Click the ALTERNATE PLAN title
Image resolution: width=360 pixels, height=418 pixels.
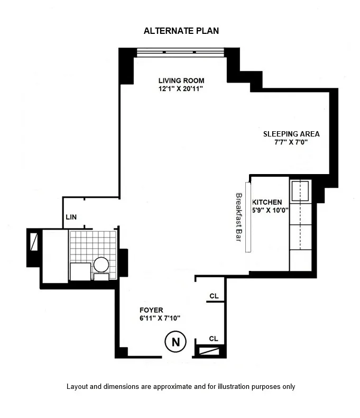(x=181, y=31)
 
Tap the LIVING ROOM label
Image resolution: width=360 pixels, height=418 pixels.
(x=181, y=80)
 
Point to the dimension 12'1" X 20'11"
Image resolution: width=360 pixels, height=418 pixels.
(x=181, y=89)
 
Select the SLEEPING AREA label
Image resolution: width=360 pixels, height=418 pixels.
(x=291, y=134)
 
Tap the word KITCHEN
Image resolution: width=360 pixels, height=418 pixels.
(x=267, y=202)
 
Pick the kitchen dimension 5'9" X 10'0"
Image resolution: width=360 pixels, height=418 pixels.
(x=270, y=211)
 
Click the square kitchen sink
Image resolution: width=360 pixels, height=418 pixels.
(x=300, y=191)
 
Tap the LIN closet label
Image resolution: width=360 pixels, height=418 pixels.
(x=71, y=217)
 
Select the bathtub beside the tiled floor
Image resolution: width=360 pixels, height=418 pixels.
(x=53, y=256)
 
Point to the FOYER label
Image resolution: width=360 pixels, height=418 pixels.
(x=151, y=310)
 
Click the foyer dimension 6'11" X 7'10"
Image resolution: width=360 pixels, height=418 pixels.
(x=160, y=318)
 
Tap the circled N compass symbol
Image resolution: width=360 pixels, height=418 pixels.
(x=176, y=342)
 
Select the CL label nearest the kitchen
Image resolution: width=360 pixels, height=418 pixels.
(x=214, y=296)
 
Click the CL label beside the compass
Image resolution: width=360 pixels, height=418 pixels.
(x=214, y=338)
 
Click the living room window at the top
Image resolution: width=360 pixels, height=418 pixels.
(x=180, y=52)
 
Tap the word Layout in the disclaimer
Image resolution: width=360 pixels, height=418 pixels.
(x=77, y=387)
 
